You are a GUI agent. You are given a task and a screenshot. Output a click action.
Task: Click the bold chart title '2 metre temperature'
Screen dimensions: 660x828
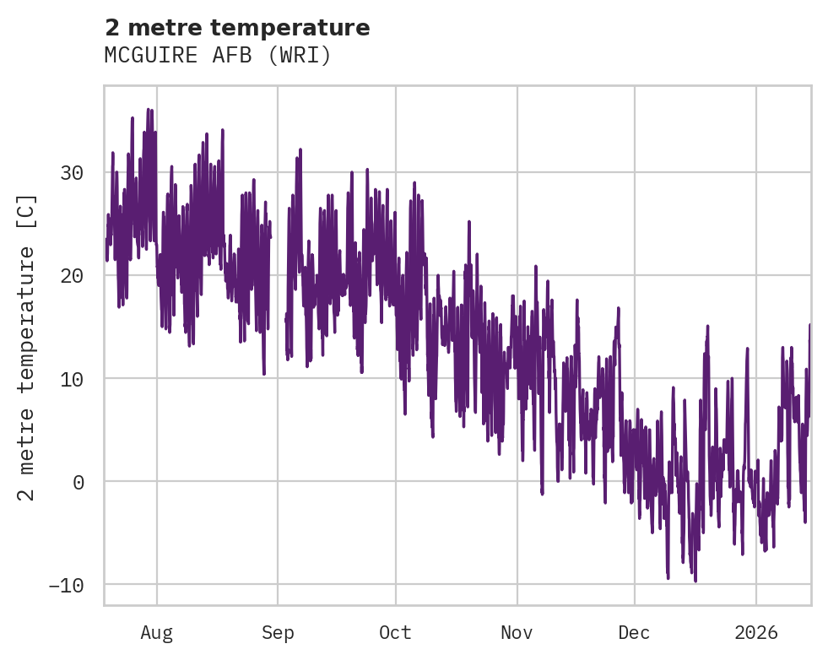tap(237, 28)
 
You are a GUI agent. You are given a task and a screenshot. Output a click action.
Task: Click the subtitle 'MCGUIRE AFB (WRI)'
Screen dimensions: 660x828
tap(218, 55)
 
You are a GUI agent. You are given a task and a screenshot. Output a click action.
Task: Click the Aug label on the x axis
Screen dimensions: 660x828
tap(157, 633)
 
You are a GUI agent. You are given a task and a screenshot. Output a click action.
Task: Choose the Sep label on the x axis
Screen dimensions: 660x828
tap(278, 633)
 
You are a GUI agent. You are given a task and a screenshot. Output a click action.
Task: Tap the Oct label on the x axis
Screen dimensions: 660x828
tap(395, 633)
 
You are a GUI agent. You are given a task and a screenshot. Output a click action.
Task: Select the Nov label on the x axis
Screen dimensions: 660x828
tap(517, 633)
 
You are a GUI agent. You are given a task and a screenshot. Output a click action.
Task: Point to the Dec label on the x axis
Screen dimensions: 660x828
tap(634, 633)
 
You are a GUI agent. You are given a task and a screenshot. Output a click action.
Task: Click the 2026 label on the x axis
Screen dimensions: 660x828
tap(756, 633)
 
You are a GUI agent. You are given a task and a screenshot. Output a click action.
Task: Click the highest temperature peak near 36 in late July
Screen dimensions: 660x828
tap(148, 109)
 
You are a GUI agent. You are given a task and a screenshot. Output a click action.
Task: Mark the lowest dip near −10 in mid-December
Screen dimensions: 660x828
tap(695, 581)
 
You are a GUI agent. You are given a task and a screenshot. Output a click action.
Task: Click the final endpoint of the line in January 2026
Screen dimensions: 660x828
tap(809, 325)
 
